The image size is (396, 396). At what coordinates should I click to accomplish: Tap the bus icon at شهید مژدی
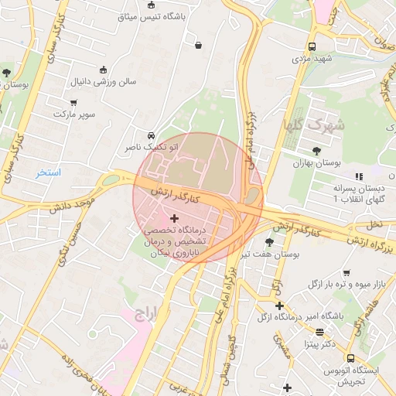(x=311, y=46)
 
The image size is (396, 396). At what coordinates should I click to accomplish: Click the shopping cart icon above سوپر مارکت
(x=73, y=102)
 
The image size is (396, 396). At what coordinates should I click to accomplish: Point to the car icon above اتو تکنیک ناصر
(x=150, y=135)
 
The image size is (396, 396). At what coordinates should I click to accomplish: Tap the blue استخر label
(x=48, y=172)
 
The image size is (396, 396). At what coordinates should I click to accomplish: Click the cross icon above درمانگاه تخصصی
(x=173, y=219)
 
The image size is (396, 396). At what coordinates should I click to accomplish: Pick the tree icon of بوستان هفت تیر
(x=269, y=242)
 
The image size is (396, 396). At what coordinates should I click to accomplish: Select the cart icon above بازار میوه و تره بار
(x=346, y=273)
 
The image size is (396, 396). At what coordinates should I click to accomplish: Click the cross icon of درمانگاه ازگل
(x=279, y=306)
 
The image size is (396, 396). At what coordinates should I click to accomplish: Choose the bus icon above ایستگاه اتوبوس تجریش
(x=350, y=359)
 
